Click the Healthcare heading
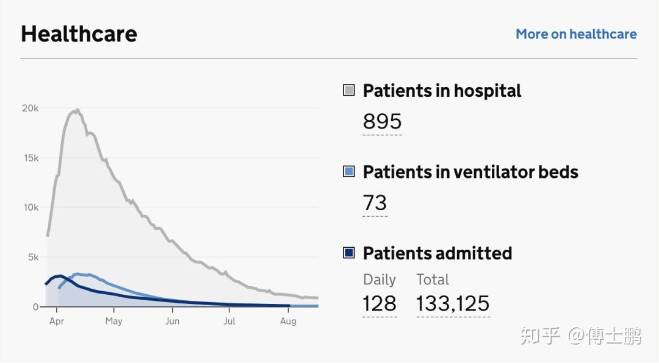click(79, 33)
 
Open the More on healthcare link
click(576, 34)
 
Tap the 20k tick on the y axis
click(31, 108)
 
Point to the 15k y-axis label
click(31, 158)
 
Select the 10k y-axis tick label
click(31, 208)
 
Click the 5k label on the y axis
click(33, 258)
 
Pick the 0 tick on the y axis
click(35, 307)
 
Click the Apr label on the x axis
click(57, 321)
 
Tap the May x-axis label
click(113, 321)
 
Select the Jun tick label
click(173, 321)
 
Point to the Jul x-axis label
click(229, 321)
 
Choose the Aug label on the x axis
click(288, 321)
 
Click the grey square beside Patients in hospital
click(349, 91)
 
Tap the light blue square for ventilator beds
click(349, 172)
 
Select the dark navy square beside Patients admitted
click(349, 253)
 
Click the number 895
click(382, 122)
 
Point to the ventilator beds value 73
click(375, 203)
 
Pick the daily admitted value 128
click(379, 303)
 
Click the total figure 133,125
click(453, 303)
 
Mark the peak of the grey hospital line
click(77, 110)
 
